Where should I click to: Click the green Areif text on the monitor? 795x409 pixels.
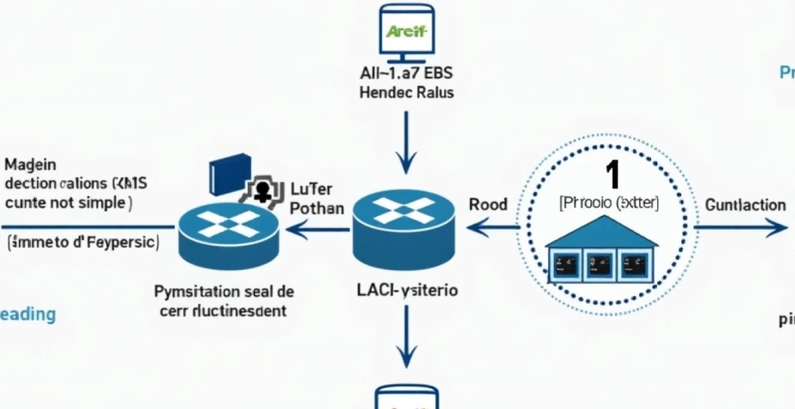407,31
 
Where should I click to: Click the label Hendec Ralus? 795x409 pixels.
407,93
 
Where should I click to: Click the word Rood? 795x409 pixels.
488,204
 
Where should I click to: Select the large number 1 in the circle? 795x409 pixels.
611,176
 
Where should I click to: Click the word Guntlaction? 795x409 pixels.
745,205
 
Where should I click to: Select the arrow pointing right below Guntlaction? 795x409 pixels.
741,228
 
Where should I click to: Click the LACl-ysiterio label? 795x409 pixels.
407,291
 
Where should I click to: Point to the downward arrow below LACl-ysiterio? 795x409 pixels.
407,337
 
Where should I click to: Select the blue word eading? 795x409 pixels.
28,314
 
